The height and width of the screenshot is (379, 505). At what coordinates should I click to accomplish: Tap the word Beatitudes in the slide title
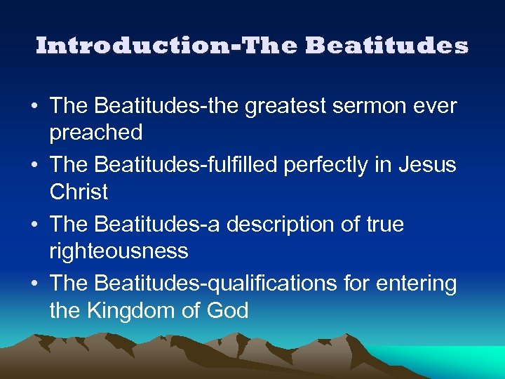pyautogui.click(x=386, y=46)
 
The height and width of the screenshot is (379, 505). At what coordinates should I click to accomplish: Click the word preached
pyautogui.click(x=96, y=132)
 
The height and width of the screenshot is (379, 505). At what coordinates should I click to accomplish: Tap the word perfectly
pyautogui.click(x=337, y=166)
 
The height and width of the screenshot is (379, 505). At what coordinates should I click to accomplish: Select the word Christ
pyautogui.click(x=79, y=191)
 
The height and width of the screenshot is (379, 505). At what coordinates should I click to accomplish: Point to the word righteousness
pyautogui.click(x=119, y=251)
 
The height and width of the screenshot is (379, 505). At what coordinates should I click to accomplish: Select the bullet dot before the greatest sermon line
pyautogui.click(x=34, y=107)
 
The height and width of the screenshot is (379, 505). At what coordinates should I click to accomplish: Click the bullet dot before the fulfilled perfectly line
pyautogui.click(x=34, y=166)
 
